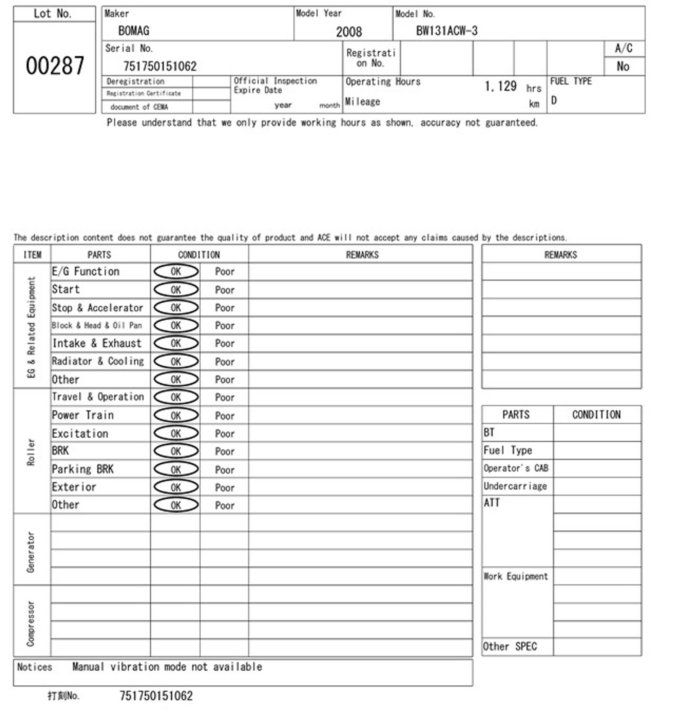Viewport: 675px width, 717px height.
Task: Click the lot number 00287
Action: coord(54,66)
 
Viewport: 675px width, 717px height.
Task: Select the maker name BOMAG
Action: coord(134,31)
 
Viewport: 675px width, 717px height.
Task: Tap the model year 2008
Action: coord(349,31)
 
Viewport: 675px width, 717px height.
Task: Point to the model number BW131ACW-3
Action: coord(446,31)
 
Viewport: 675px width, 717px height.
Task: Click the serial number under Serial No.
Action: coord(160,67)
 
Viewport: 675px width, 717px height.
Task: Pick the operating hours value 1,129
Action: coord(500,86)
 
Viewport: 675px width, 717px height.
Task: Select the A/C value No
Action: coord(623,67)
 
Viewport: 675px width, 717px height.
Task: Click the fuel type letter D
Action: coord(554,100)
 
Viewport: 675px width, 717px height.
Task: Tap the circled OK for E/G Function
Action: coord(176,272)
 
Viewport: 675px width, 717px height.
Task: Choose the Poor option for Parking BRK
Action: coord(225,470)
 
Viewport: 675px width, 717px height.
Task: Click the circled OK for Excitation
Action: coord(176,434)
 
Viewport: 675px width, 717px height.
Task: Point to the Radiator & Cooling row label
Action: coord(98,361)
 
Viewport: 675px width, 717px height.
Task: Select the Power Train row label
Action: coord(83,415)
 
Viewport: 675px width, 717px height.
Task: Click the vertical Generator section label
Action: coord(31,551)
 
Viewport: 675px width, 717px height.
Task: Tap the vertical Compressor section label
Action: coord(31,623)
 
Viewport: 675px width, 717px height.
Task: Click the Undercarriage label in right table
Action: coord(515,486)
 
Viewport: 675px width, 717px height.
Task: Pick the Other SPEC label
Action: coord(510,647)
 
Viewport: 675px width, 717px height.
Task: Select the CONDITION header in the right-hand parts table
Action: coord(596,415)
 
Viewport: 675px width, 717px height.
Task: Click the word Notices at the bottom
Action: coord(35,667)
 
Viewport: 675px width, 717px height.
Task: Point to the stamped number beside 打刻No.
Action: coord(156,696)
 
